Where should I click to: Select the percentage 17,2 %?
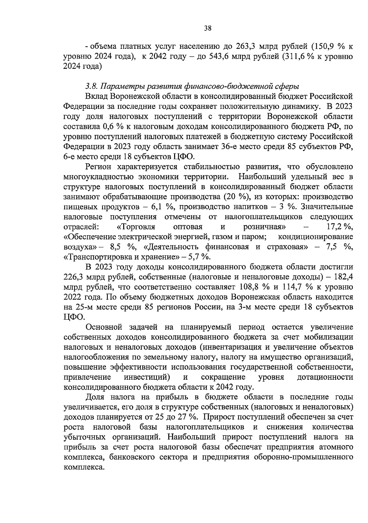[340, 227]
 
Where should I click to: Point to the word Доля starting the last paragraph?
[95, 397]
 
